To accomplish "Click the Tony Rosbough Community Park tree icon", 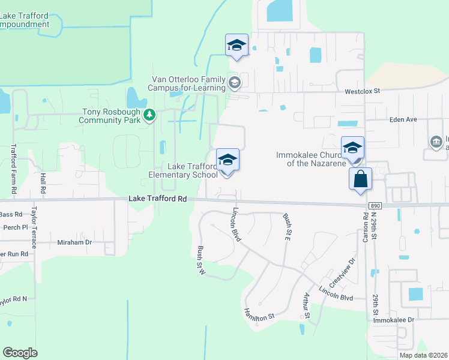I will coord(149,114).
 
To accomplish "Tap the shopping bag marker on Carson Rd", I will coord(360,179).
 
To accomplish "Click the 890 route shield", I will coord(375,206).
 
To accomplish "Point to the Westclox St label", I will coord(363,91).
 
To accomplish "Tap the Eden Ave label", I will coord(403,119).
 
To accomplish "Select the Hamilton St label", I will coord(259,314).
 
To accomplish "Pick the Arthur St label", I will coord(306,307).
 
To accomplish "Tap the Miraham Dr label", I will coord(74,242).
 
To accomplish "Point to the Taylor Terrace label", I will coord(34,228).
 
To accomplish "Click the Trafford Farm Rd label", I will coord(14,170).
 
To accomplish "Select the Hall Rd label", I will coord(43,182).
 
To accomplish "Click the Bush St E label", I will coord(286,226).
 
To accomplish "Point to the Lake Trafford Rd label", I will coord(157,199).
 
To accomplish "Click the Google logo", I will coord(20,353).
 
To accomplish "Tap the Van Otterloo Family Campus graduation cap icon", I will coord(235,82).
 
